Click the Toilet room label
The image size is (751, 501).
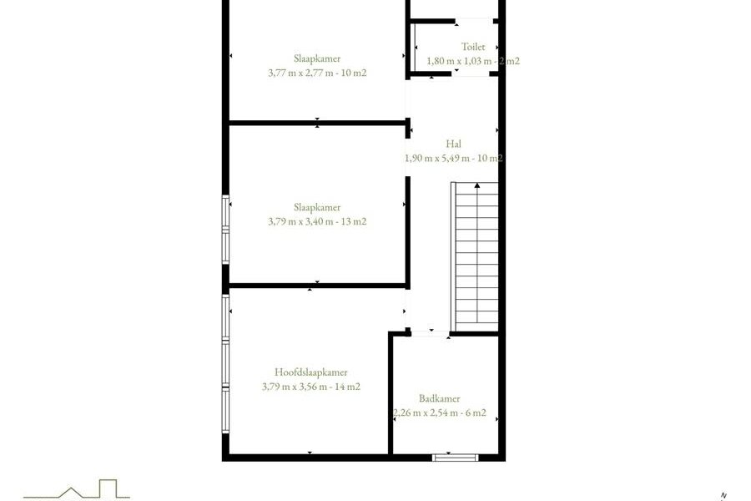coord(473,47)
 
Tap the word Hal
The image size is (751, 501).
coord(454,144)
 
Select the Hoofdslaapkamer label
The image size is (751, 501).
coord(311,372)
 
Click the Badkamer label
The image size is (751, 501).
coord(439,398)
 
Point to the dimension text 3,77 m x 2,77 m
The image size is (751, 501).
coord(306,73)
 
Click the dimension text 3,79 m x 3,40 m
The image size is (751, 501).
coord(306,221)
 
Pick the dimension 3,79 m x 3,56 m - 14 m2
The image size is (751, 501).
coord(311,387)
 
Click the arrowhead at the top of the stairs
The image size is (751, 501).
coord(477,185)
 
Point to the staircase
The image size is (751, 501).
coord(475,256)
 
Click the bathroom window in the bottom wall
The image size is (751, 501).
coord(455,458)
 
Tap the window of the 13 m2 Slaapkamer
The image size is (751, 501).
coord(225,230)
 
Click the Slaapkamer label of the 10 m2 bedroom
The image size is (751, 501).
coord(317,58)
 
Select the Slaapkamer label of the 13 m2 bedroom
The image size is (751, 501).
coord(317,207)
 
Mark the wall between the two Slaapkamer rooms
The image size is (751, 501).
coord(318,123)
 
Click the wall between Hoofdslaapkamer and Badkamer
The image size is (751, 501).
coord(391,393)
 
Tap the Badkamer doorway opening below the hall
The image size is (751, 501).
coord(430,333)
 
